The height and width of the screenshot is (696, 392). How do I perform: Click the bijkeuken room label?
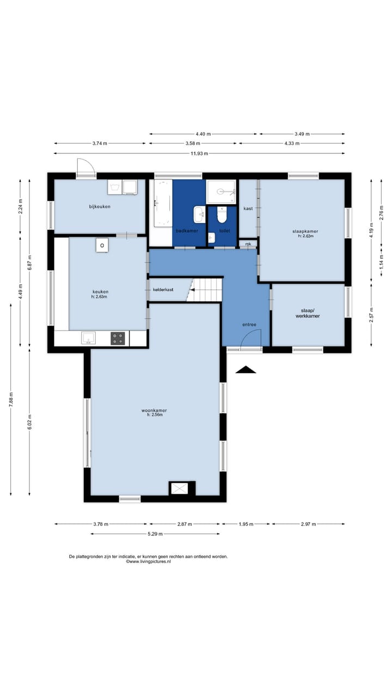[100, 207]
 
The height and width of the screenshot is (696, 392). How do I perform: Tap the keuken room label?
[101, 292]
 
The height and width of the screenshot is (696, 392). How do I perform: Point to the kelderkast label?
[163, 290]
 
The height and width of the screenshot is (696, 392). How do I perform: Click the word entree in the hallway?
[249, 325]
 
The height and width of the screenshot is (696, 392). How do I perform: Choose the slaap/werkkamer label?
[308, 313]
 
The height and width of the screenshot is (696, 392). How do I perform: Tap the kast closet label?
[248, 208]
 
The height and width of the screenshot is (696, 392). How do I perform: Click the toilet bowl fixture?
[222, 215]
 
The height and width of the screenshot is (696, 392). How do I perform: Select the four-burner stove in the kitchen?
[118, 338]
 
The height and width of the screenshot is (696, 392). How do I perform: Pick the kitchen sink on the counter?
[88, 338]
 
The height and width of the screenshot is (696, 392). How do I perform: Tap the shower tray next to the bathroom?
[221, 192]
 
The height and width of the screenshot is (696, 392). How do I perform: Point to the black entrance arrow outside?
[246, 369]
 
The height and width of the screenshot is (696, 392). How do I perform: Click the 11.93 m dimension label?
[199, 153]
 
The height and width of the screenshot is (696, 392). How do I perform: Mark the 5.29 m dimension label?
[155, 534]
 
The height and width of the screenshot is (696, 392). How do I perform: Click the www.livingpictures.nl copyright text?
[149, 562]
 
